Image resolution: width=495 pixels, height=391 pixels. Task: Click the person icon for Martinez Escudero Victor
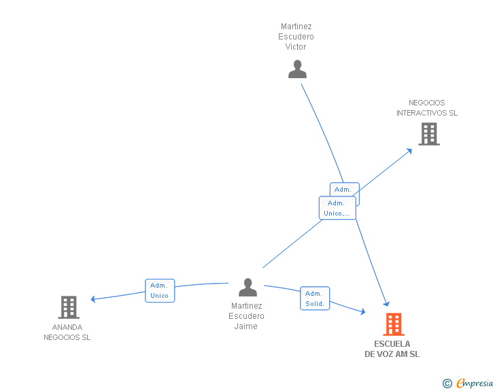[x=297, y=69]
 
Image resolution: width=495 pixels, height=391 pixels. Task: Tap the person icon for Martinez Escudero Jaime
[x=247, y=288]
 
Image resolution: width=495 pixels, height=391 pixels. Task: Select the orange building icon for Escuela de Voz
[x=394, y=324]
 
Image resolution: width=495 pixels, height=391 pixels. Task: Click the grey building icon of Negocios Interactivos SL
[x=429, y=134]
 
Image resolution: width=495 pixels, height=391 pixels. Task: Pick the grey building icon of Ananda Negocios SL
[x=69, y=307]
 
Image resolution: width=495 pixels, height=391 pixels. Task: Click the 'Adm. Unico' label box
[x=160, y=290]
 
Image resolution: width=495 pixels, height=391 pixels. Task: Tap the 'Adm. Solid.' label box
[x=315, y=299]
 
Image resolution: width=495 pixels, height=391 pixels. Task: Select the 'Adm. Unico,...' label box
[x=337, y=208]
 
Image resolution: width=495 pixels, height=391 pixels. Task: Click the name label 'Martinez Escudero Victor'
[x=296, y=37]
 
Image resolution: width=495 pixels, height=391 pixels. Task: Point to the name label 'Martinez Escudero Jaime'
[x=246, y=316]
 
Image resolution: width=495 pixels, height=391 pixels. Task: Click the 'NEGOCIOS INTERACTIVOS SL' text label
[x=427, y=107]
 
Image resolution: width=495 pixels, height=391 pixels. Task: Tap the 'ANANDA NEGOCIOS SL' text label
[x=67, y=332]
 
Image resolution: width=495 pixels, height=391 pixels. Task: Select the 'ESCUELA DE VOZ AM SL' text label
[x=392, y=349]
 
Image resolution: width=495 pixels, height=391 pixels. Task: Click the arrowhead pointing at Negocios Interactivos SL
[x=409, y=150]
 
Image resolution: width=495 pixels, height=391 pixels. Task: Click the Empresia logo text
[x=475, y=383]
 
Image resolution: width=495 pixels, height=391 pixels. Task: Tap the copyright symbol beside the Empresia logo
[x=447, y=384]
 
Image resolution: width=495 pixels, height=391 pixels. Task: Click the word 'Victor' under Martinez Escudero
[x=296, y=47]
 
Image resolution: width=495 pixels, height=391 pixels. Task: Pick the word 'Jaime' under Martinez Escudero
[x=246, y=326]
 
